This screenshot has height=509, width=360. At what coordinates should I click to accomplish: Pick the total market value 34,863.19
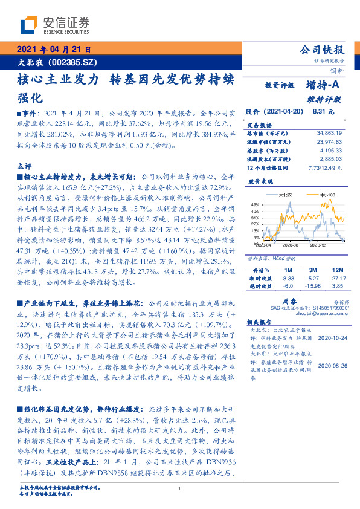click(x=329, y=132)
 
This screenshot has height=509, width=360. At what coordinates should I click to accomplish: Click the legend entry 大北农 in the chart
click(x=286, y=195)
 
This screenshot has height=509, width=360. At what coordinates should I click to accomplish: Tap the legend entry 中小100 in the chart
click(x=327, y=195)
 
